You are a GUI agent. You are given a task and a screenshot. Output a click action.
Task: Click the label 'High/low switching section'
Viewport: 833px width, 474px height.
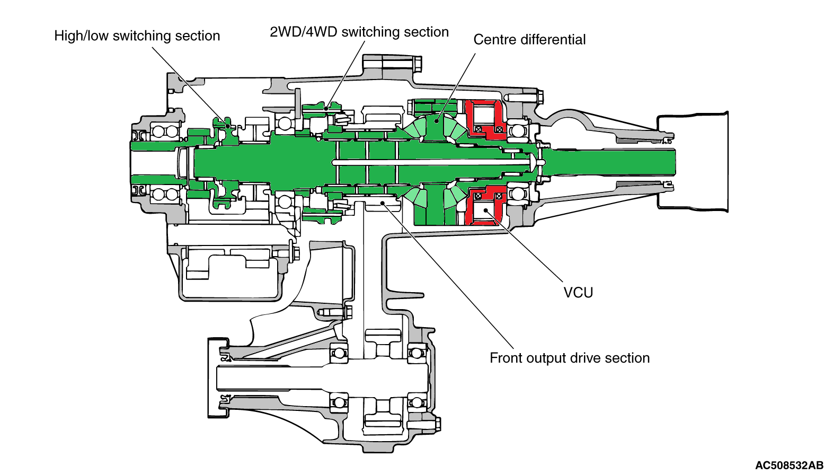[137, 36]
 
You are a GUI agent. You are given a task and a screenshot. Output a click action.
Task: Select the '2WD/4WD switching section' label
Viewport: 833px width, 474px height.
[359, 32]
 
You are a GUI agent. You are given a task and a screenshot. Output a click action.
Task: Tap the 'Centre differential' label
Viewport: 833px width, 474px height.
[529, 40]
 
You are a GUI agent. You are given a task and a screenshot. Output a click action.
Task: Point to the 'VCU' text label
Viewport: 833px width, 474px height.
[578, 293]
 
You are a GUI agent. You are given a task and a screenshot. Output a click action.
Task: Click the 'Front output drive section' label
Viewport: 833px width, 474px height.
[570, 358]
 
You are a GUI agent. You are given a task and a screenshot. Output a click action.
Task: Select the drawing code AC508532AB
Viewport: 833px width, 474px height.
[789, 466]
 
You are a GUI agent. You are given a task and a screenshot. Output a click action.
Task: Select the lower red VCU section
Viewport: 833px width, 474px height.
[485, 207]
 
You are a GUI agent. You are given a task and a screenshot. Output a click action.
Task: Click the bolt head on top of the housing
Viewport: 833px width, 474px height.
[415, 64]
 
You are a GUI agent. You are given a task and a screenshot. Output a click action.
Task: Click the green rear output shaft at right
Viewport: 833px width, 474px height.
[609, 162]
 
